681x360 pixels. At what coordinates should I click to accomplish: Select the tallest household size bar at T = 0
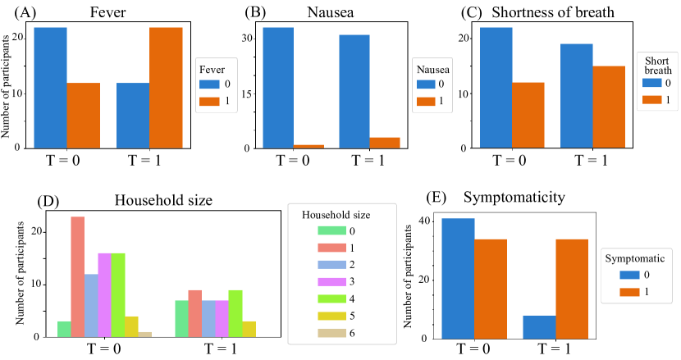78,276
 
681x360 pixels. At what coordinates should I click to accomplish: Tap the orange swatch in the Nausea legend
427,100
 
